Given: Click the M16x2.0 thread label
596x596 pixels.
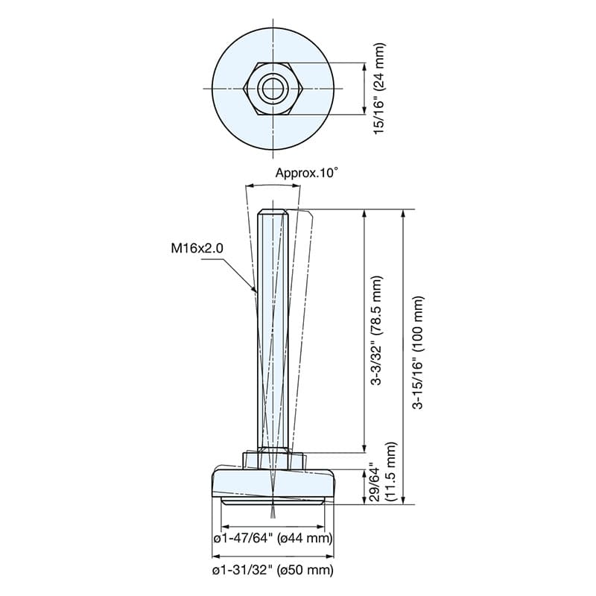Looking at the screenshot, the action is [x=197, y=248].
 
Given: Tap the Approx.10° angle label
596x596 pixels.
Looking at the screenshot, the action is [x=306, y=173].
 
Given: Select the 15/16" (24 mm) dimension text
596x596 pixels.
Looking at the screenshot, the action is [x=380, y=88].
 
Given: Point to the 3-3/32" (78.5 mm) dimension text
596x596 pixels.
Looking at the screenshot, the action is [x=377, y=330].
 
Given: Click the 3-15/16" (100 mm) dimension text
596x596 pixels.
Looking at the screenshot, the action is [x=418, y=352].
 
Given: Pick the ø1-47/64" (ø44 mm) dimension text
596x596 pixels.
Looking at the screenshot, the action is [x=273, y=538].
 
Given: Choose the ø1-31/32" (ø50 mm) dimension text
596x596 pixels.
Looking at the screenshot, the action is [x=273, y=570].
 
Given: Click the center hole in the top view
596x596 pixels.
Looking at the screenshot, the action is [x=273, y=88].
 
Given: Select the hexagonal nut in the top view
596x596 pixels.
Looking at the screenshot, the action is [x=273, y=88].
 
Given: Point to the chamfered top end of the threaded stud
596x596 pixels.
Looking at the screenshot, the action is [x=273, y=212].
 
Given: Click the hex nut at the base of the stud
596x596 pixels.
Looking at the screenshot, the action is [x=273, y=460].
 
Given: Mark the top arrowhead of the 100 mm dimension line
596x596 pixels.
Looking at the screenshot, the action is [x=404, y=214].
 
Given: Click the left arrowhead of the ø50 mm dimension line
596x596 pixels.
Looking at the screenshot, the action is [x=217, y=556].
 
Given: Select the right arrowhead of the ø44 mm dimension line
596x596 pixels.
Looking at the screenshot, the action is [x=320, y=527].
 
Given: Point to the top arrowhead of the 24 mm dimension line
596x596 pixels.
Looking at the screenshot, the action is [x=364, y=67].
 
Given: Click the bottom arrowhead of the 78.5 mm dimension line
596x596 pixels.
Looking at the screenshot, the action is [x=364, y=448].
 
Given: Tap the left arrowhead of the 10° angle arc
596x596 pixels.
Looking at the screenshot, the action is [x=250, y=186].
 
